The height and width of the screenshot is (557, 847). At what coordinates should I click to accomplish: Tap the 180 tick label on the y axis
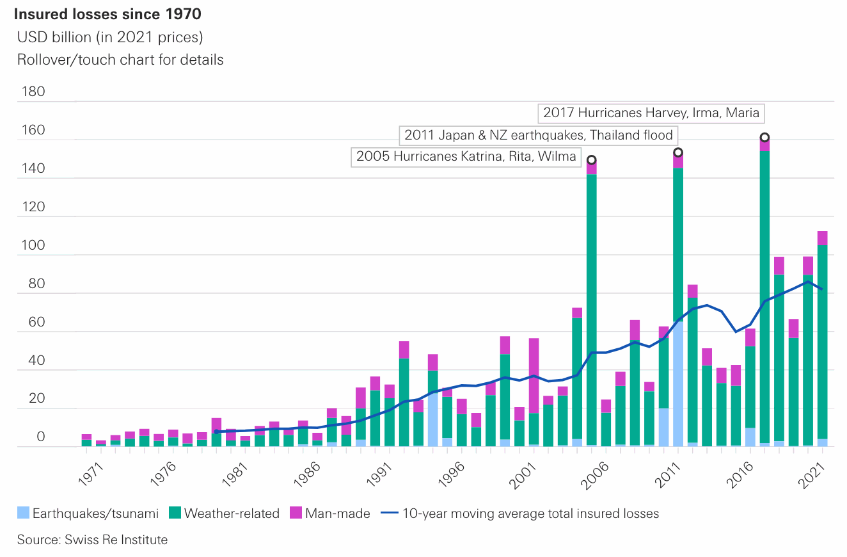click(33, 92)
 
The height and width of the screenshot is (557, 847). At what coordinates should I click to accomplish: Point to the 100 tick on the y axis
click(33, 245)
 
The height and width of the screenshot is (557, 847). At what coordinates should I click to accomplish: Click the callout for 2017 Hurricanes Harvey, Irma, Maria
click(651, 113)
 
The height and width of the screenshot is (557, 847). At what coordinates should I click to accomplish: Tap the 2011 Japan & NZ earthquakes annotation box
click(538, 135)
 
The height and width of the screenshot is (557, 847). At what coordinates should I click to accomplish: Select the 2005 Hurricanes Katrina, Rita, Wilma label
click(466, 156)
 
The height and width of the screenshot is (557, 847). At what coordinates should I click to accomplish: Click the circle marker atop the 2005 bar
click(592, 159)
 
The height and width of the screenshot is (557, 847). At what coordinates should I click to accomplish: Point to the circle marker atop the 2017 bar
click(764, 138)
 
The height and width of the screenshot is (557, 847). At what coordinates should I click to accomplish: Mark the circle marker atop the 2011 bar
click(678, 152)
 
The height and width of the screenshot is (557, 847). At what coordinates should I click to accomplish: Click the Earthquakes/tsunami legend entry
click(87, 513)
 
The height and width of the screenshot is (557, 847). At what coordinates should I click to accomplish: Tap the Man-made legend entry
click(330, 513)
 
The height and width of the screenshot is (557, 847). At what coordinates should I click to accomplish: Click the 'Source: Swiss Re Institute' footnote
click(92, 540)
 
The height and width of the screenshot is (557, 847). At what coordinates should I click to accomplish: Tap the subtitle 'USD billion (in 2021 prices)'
click(110, 37)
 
